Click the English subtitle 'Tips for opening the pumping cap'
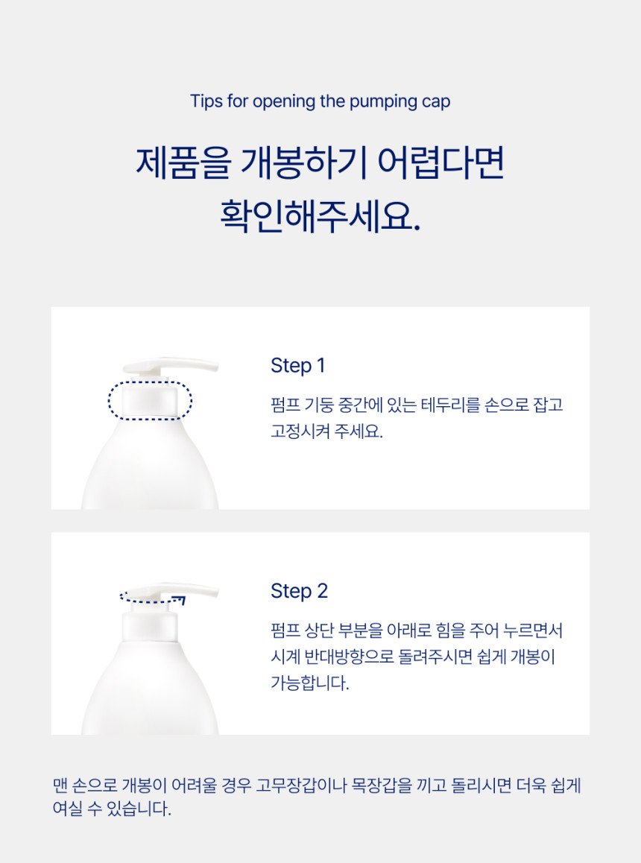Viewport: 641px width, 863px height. click(x=320, y=102)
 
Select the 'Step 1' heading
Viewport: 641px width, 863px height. click(x=297, y=365)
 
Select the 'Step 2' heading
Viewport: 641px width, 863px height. click(x=299, y=591)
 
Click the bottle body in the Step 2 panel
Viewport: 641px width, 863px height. click(x=150, y=691)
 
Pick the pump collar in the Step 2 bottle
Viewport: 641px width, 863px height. click(x=150, y=626)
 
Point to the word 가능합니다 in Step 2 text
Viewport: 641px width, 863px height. click(x=309, y=683)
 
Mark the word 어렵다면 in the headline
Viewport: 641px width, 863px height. click(x=441, y=162)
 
